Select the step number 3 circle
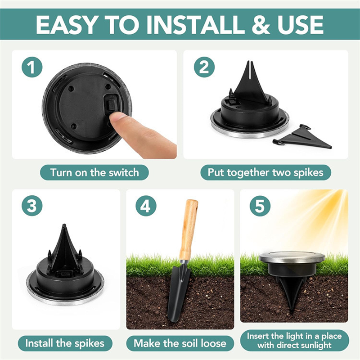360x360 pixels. (31, 207)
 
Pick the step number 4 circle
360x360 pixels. (145, 207)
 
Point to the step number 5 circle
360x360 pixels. (260, 207)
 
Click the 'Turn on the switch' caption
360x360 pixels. (94, 172)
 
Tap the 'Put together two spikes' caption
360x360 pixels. (265, 172)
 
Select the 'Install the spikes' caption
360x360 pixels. (65, 343)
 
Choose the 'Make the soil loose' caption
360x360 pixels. (180, 343)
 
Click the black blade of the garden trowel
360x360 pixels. (178, 292)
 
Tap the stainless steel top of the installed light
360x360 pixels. (292, 257)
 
